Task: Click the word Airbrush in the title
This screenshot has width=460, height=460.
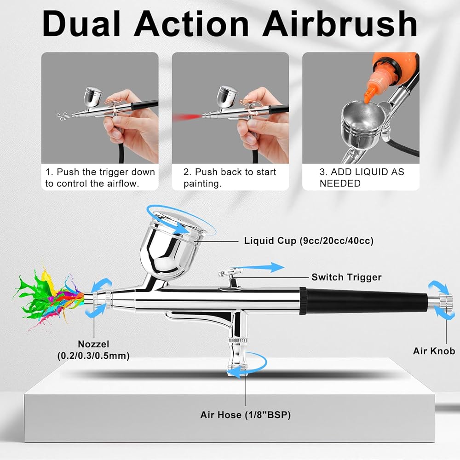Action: (x=340, y=23)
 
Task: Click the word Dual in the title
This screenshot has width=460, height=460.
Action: (x=81, y=23)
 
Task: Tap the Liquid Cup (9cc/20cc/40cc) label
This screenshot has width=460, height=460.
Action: (x=309, y=241)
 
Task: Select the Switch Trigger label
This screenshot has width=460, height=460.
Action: (x=346, y=277)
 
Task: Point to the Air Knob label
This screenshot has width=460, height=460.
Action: (x=434, y=351)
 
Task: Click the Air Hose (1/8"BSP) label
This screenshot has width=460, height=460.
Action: (x=246, y=415)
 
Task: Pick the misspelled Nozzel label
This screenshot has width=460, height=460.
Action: (x=93, y=344)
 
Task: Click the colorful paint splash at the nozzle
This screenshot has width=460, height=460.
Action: (x=48, y=297)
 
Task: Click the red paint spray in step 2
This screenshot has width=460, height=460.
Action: (x=187, y=118)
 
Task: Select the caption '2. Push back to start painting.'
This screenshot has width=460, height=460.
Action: (x=230, y=178)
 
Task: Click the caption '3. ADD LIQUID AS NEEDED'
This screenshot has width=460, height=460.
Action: (x=362, y=178)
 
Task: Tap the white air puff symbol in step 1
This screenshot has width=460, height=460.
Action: (x=63, y=116)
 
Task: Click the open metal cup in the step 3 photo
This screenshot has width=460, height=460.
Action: (x=362, y=123)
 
